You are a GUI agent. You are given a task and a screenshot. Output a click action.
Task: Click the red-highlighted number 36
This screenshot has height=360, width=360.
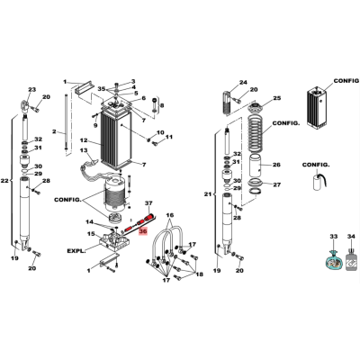tap(143, 231)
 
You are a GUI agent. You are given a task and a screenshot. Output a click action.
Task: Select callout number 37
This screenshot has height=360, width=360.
tap(149, 203)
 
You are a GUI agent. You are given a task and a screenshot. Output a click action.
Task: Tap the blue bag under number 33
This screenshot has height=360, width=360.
tap(334, 260)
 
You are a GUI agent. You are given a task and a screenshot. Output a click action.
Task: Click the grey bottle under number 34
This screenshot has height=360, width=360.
tap(352, 259)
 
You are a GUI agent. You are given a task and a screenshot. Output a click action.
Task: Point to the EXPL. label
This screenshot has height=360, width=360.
tap(76, 250)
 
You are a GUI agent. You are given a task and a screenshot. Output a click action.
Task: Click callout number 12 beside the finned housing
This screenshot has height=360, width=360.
tap(84, 140)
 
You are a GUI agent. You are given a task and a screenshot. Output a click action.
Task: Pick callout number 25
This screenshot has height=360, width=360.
tap(277, 98)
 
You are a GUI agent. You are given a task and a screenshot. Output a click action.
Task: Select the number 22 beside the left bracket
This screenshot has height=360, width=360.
tap(4, 181)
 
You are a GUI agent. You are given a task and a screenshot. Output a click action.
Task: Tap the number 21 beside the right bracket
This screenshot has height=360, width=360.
tap(208, 194)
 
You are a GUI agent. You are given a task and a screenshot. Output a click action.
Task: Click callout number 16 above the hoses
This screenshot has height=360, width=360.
tap(170, 215)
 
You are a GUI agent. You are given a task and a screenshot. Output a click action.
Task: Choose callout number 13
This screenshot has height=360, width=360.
tap(84, 150)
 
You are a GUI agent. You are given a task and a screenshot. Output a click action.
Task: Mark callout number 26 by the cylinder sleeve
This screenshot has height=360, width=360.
tap(276, 165)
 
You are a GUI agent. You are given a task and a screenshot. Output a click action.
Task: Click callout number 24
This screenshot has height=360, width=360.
tap(243, 82)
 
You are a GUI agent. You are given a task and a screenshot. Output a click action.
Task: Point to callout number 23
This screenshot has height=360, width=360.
tap(31, 89)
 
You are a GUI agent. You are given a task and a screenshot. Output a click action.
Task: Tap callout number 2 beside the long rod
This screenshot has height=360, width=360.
tap(54, 131)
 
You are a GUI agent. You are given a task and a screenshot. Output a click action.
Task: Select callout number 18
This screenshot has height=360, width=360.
tap(199, 274)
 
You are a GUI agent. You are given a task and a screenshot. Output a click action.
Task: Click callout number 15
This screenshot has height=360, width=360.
tap(91, 233)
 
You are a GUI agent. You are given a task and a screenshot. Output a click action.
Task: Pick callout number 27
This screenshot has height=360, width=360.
tap(276, 184)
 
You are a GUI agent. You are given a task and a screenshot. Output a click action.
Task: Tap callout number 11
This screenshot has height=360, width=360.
tap(169, 137)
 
